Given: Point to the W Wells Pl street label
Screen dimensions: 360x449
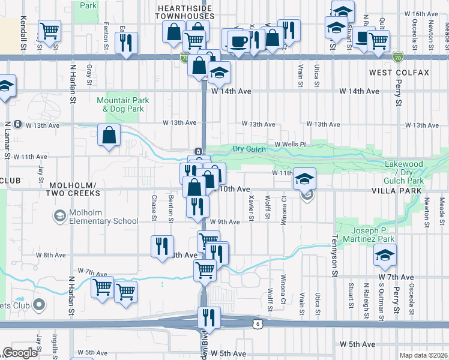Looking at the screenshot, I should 291,145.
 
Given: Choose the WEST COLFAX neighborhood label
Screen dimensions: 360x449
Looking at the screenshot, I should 399,73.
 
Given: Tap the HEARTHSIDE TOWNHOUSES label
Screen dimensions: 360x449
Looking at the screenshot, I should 176,11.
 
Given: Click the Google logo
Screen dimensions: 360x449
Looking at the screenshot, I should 20,352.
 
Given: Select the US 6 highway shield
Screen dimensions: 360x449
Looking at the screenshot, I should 256,323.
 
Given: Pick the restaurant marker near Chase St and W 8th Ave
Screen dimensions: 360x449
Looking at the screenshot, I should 161,247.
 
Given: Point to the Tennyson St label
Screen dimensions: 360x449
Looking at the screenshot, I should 335,261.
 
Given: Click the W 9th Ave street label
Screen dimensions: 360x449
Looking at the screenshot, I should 225,222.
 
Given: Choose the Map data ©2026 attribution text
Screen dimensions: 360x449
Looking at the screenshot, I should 424,355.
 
